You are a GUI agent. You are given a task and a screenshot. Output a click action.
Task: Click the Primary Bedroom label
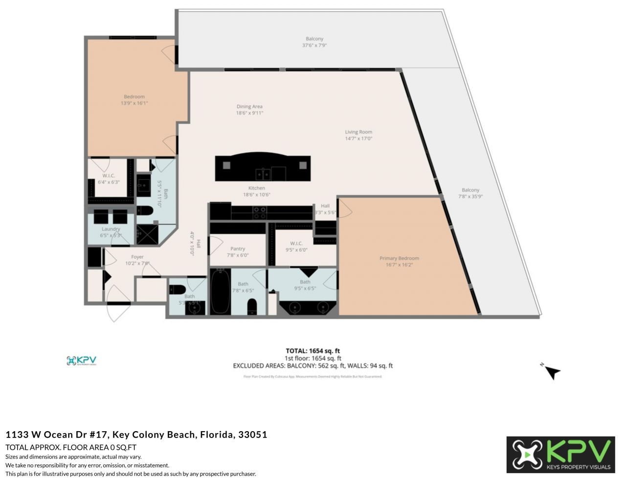tap(399, 258)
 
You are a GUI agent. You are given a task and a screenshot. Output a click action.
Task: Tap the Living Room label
tap(358, 132)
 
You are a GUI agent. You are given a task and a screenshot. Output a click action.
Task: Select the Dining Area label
tap(249, 107)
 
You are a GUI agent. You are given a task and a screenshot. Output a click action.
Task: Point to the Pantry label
tap(238, 249)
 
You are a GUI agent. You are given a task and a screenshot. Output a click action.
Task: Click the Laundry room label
tap(111, 229)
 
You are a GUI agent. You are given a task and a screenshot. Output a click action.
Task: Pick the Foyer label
tap(137, 257)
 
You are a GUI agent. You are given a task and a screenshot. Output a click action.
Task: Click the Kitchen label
tap(257, 188)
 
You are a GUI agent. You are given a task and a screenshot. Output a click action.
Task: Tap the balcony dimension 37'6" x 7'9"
tap(314, 46)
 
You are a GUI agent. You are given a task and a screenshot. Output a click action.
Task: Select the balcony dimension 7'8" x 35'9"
tap(470, 197)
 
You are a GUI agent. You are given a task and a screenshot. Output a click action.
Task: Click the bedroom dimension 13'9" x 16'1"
tap(134, 103)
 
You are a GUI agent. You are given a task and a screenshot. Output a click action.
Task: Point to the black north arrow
tap(553, 372)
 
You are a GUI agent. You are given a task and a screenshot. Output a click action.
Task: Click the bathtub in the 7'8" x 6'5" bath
tap(220, 292)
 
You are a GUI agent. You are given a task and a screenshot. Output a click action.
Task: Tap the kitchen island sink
tap(262, 174)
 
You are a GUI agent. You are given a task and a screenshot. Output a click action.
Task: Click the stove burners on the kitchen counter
tap(260, 212)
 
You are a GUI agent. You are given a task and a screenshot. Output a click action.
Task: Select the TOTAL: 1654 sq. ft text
tap(313, 351)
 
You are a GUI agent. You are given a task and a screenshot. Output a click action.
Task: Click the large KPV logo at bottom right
tap(560, 455)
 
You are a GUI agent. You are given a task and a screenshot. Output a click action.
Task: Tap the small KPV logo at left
tap(82, 361)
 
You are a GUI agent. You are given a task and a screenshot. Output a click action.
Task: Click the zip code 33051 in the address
tap(252, 435)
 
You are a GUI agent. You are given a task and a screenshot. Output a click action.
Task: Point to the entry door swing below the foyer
tap(118, 303)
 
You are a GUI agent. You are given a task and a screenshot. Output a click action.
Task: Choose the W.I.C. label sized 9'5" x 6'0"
tap(296, 243)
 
